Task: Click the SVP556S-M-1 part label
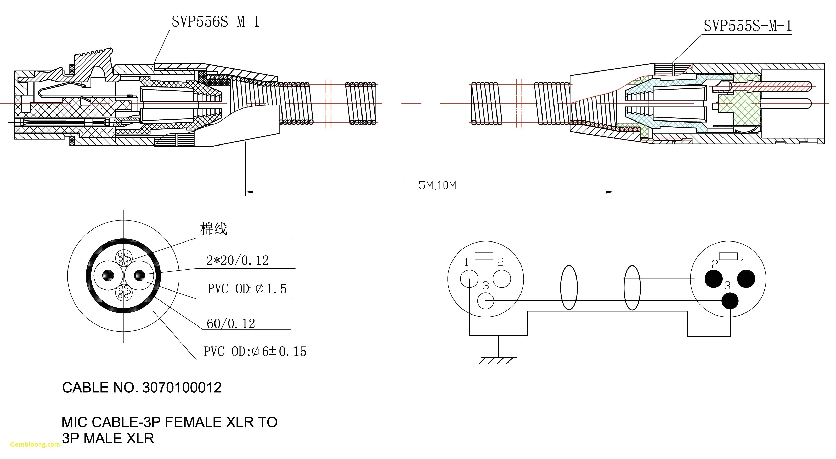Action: tap(216, 22)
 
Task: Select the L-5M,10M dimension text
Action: tap(429, 185)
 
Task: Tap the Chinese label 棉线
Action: tap(213, 229)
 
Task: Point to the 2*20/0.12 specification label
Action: tap(238, 260)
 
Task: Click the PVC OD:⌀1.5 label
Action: tap(247, 288)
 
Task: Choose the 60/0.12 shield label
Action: tap(231, 323)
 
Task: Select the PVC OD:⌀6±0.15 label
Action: tap(255, 351)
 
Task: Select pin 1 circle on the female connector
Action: tap(469, 279)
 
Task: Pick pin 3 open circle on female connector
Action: tap(485, 301)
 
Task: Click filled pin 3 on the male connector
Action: tap(730, 301)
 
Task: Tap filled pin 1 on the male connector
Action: tap(746, 279)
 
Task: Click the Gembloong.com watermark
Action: tap(35, 444)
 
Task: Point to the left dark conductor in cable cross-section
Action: tap(108, 275)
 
